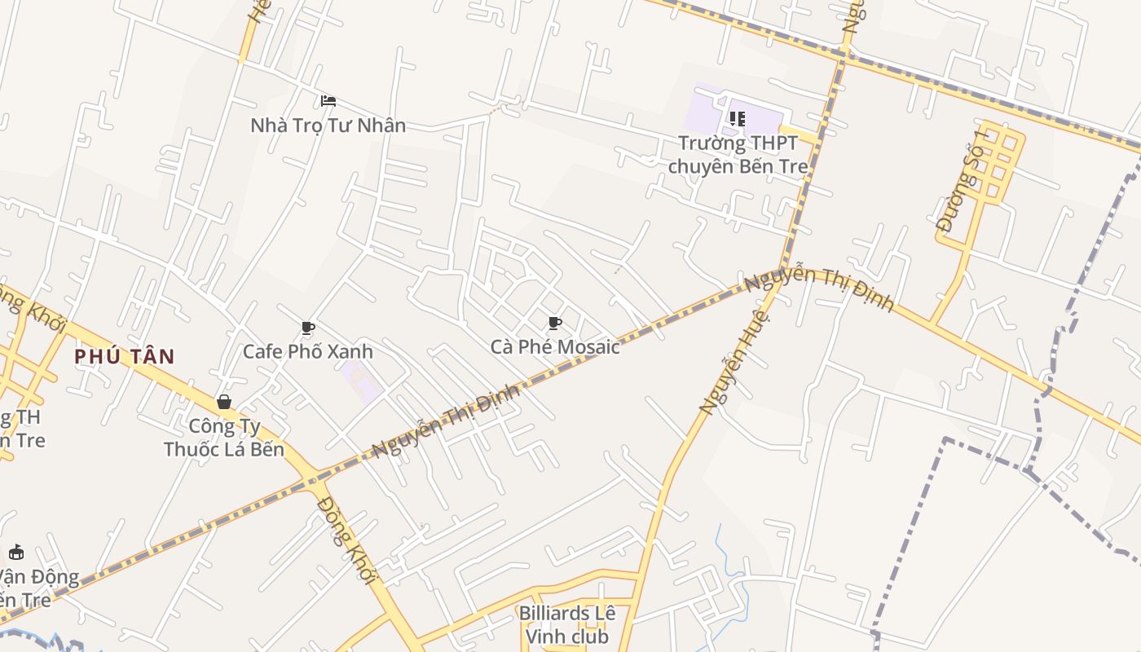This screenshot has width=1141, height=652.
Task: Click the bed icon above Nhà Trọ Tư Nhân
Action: [328, 101]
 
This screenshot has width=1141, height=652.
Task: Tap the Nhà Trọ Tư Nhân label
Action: [328, 126]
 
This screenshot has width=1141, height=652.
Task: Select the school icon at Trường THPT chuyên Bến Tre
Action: [738, 119]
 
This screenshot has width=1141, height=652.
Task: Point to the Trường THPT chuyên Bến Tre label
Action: [738, 155]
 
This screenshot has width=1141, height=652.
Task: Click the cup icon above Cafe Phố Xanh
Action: [307, 328]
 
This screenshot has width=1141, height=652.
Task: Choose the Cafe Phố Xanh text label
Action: [307, 351]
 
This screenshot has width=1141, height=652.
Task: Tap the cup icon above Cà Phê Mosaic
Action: [555, 324]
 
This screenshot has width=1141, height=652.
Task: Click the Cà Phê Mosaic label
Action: [555, 347]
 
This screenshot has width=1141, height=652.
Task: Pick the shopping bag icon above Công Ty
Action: [224, 402]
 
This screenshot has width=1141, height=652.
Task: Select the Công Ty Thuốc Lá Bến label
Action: [224, 438]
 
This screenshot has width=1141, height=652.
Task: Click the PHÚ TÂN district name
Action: [125, 356]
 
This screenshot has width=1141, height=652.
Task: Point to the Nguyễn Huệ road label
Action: [734, 360]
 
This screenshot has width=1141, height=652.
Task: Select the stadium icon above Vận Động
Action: [15, 552]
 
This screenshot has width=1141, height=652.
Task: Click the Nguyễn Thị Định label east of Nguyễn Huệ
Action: [819, 289]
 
